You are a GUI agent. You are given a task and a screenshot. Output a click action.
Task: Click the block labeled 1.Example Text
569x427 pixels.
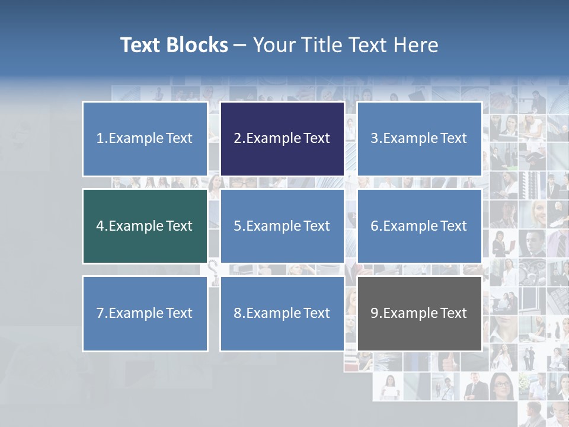(x=145, y=139)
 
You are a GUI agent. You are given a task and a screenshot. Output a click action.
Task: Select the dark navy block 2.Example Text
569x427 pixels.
(x=282, y=139)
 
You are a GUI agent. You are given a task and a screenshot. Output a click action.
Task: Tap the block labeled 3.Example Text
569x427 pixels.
(x=419, y=139)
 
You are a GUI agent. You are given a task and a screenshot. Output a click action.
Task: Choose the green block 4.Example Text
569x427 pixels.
(x=145, y=226)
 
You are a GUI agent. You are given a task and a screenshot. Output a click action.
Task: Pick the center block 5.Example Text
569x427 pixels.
(x=282, y=226)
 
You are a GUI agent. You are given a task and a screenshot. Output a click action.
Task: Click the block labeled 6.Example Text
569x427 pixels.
(x=419, y=226)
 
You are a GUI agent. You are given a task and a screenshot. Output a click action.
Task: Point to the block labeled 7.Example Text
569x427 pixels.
(x=145, y=313)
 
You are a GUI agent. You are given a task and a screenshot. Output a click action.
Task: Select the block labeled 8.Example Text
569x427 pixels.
(x=282, y=313)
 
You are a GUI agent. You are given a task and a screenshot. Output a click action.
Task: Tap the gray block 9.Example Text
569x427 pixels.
(x=419, y=313)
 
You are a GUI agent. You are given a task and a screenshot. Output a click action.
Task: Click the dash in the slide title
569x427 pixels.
(x=240, y=46)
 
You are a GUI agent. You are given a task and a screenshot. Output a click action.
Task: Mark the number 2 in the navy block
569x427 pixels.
(x=237, y=139)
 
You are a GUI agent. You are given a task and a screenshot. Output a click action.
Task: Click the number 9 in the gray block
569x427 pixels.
(x=375, y=313)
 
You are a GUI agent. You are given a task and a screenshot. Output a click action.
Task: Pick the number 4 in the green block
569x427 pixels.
(x=100, y=226)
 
